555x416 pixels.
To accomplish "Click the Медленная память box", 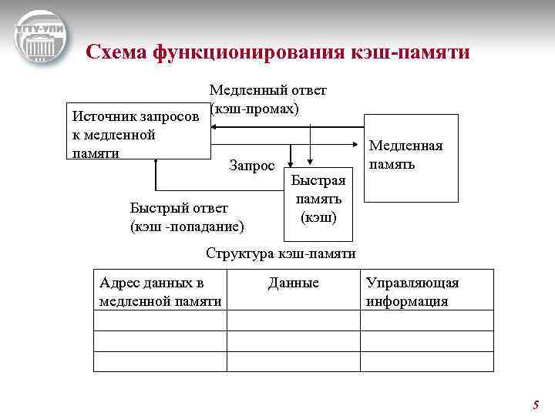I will [x=410, y=158].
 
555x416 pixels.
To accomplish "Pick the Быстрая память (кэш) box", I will [x=318, y=198].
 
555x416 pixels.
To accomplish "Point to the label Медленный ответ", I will [x=267, y=90].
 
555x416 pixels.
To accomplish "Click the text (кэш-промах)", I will [x=254, y=109].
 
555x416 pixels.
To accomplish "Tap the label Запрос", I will [x=252, y=165].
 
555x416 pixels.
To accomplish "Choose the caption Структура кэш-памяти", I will [x=281, y=253].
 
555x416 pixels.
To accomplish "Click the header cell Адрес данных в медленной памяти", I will [x=160, y=291].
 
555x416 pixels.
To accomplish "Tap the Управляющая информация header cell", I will [x=427, y=291].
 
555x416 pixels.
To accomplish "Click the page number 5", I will [x=536, y=405].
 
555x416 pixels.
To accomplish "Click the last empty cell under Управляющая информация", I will [x=427, y=361].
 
